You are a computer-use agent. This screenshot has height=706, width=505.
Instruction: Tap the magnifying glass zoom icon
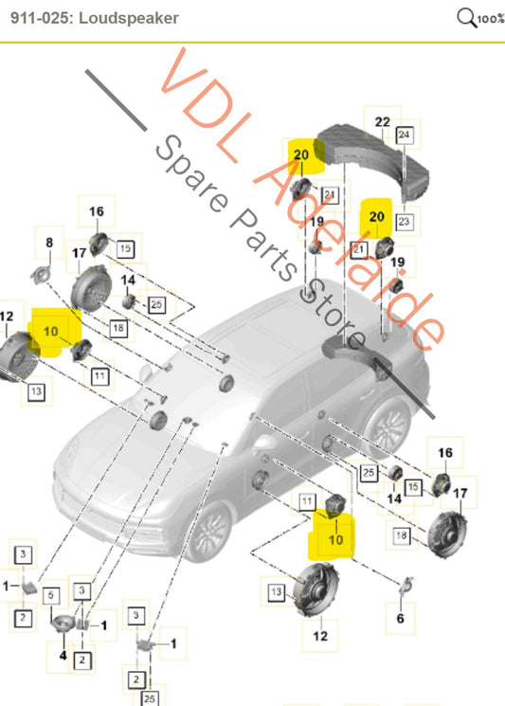(466, 17)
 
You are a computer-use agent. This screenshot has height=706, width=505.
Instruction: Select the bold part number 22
(382, 122)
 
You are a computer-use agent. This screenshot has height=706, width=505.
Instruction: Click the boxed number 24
(404, 136)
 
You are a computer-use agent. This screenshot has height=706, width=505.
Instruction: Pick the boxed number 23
(404, 220)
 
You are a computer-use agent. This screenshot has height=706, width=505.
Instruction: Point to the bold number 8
(49, 244)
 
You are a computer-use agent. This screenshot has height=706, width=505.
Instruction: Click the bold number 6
(400, 618)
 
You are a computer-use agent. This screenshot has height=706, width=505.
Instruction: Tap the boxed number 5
(51, 595)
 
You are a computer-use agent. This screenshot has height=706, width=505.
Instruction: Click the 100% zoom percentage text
(490, 18)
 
